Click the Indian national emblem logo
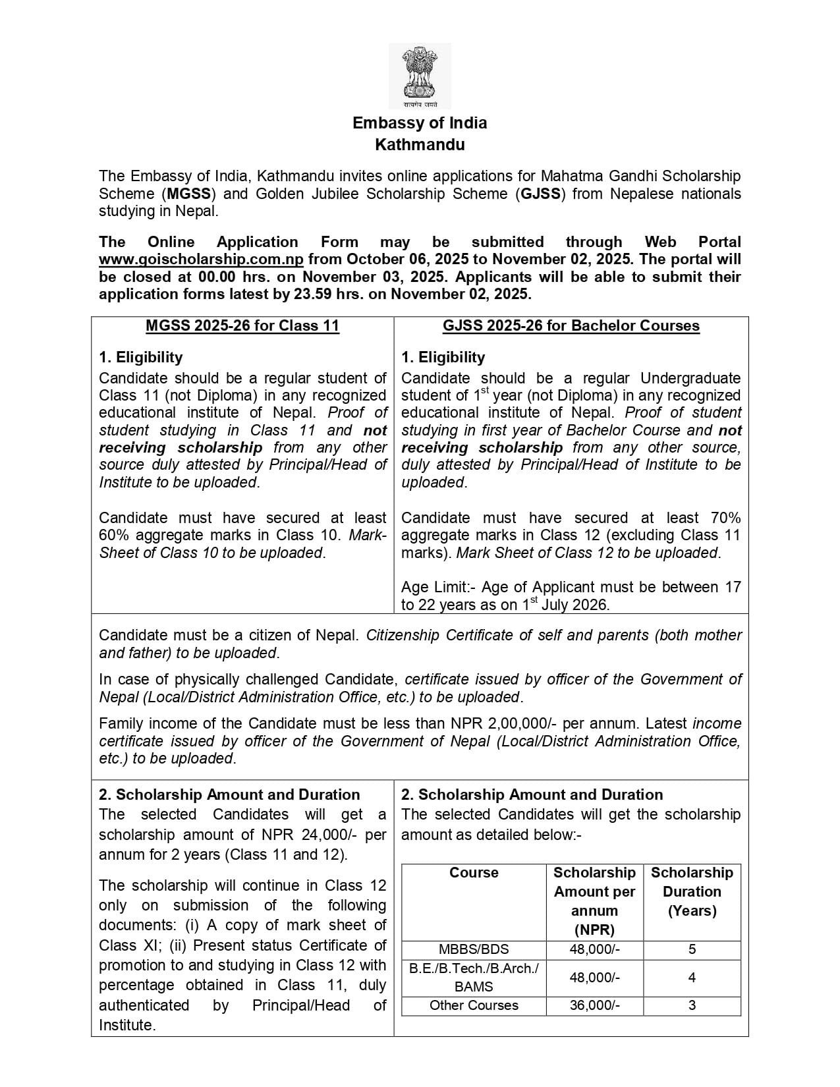point(420,76)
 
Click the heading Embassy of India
point(420,123)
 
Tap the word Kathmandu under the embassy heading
point(420,144)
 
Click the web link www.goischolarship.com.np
point(201,260)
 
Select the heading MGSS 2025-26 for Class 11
point(242,326)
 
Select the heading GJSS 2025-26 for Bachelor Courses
point(571,326)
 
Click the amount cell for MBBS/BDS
point(594,949)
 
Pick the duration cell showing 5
point(692,949)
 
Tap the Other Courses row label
point(474,1005)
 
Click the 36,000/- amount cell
point(594,1005)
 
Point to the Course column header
point(474,873)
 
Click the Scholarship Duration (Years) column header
point(692,891)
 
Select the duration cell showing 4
point(692,978)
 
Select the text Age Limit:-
point(434,587)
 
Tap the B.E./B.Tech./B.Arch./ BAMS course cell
point(474,978)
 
